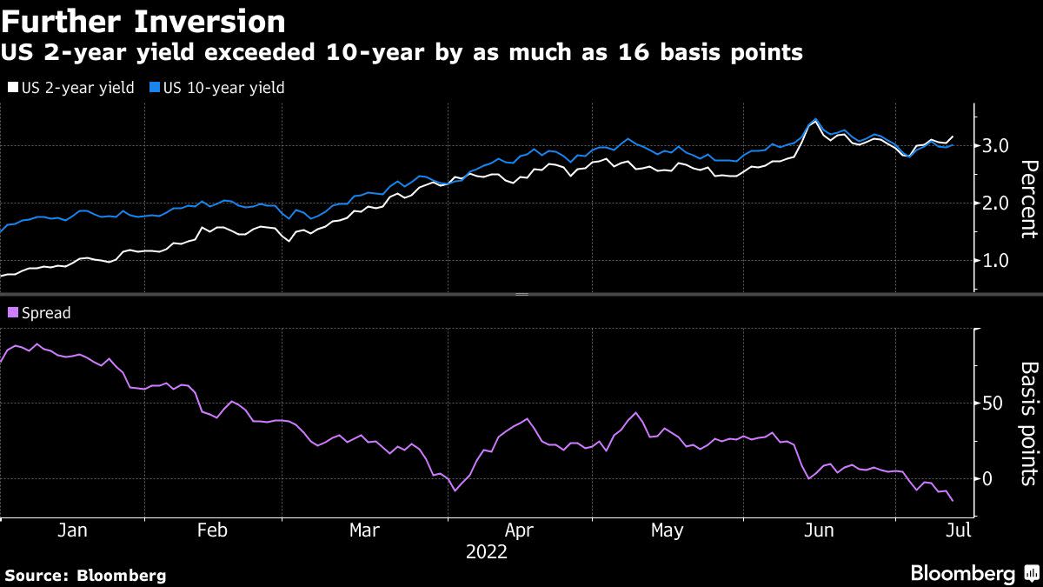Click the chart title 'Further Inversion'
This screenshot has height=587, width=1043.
coord(143,20)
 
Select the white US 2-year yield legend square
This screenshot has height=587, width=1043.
coord(11,88)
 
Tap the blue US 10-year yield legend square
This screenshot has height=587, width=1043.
coord(155,88)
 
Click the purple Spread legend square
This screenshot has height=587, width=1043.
coord(11,313)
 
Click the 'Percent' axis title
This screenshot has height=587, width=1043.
coord(1028,198)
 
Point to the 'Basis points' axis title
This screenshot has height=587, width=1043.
coord(1028,423)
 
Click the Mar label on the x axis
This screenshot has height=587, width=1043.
coord(363,530)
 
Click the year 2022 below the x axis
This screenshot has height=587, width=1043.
coord(487,551)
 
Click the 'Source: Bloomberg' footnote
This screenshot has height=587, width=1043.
coord(85,575)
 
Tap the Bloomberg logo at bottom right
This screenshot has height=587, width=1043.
coord(973,573)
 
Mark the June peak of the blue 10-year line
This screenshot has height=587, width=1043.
coord(815,119)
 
